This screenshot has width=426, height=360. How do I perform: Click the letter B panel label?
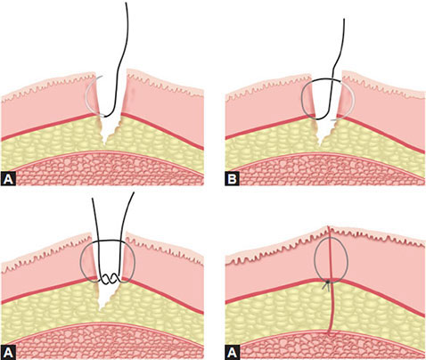232,179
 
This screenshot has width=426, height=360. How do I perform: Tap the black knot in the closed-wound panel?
328,282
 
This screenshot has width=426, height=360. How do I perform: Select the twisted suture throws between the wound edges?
110,279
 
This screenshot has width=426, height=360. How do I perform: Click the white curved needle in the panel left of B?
86,95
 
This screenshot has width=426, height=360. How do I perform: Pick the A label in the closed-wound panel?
232,352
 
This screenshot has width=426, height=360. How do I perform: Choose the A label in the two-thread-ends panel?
8,352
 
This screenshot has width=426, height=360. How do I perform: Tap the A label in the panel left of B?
8,179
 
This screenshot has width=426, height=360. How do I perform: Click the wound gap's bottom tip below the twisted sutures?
100,311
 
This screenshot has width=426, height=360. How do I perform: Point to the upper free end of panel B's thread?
344,19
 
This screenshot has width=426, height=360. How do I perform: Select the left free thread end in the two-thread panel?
93,199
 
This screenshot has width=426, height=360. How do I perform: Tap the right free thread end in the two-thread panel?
134,193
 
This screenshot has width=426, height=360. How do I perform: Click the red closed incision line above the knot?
329,252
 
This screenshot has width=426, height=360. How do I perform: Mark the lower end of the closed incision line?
330,335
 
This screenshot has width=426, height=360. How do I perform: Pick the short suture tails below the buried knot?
327,286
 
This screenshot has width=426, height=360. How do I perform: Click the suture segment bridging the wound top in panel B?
326,79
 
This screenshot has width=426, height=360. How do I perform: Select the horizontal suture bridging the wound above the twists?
108,241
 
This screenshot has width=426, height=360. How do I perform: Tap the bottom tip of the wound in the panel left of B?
104,144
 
